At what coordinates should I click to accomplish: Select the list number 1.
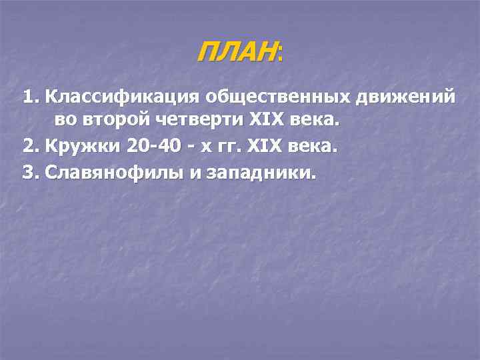tap(29, 97)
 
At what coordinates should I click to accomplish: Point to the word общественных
tap(279, 97)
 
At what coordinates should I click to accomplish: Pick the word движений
tap(407, 97)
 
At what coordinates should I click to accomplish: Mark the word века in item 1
tap(315, 122)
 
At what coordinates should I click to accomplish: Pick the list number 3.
tap(29, 172)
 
